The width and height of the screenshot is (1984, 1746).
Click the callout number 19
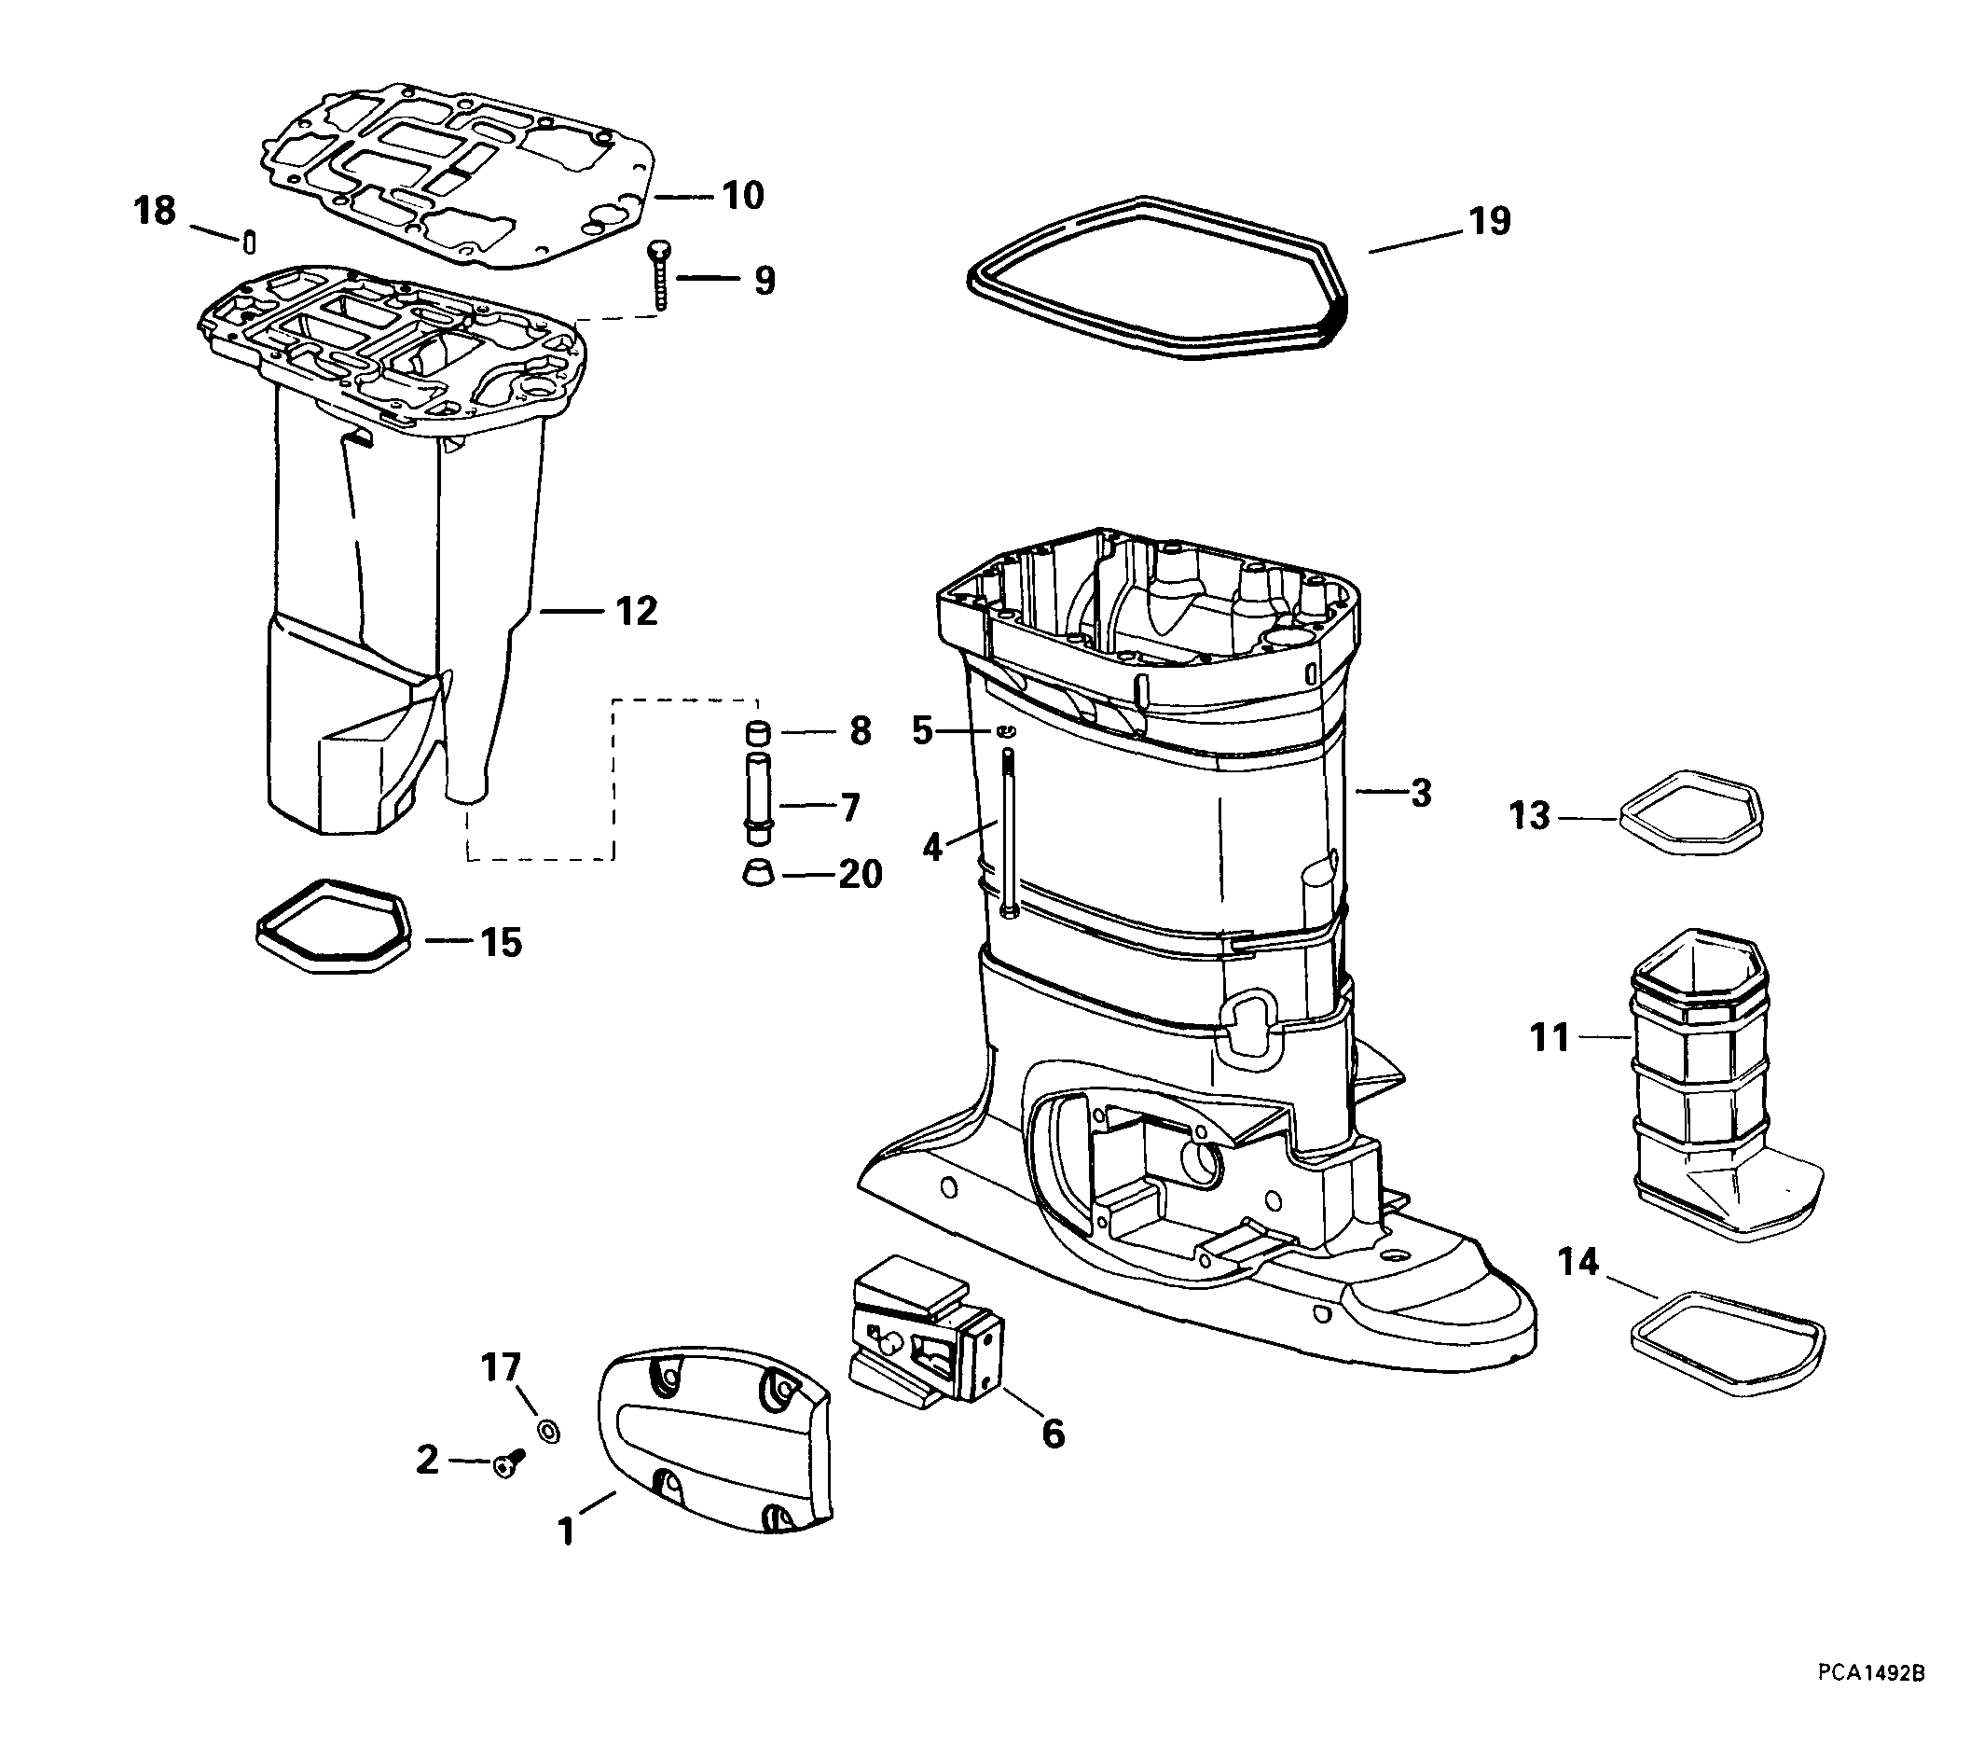[1490, 221]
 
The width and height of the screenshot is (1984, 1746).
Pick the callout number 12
[637, 611]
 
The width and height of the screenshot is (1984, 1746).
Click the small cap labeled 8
[757, 732]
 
